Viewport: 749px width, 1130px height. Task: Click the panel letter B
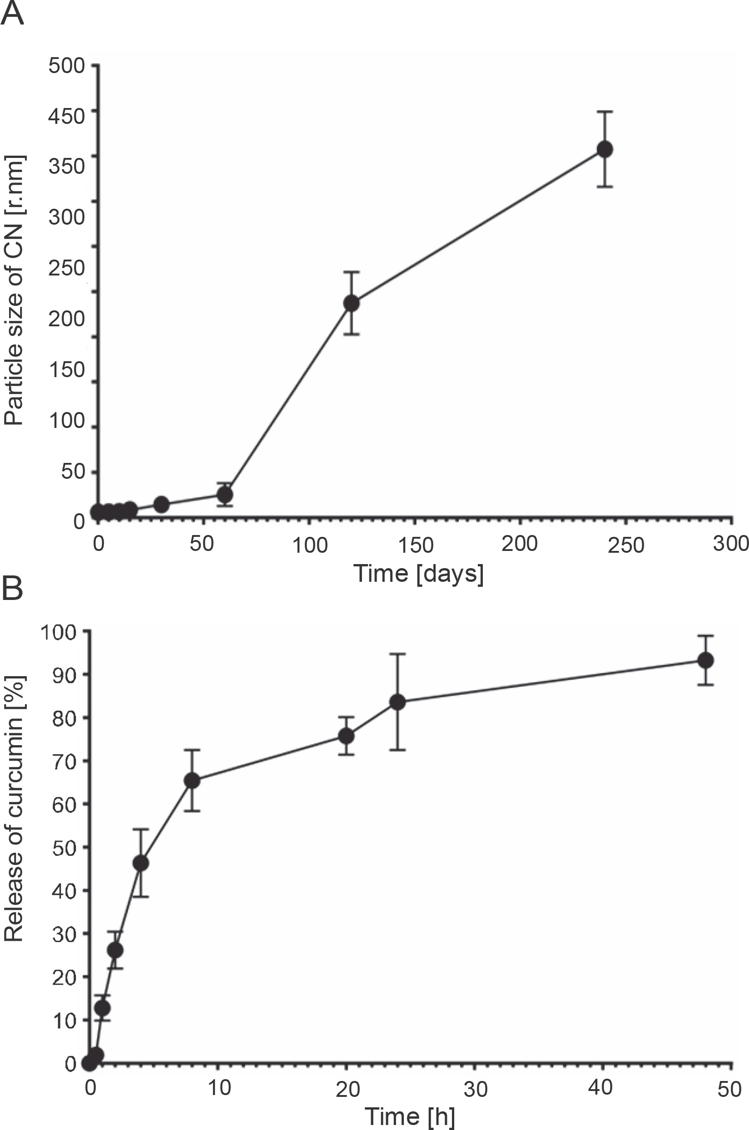pyautogui.click(x=12, y=590)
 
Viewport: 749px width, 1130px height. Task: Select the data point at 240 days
pyautogui.click(x=605, y=149)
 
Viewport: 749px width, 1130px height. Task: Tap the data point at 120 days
pyautogui.click(x=352, y=303)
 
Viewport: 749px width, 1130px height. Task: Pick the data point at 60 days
pyautogui.click(x=224, y=494)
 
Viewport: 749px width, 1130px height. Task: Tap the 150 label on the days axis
pyautogui.click(x=415, y=545)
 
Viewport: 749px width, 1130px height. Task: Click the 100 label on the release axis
pyautogui.click(x=59, y=633)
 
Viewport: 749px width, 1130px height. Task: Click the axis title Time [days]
pyautogui.click(x=418, y=573)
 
